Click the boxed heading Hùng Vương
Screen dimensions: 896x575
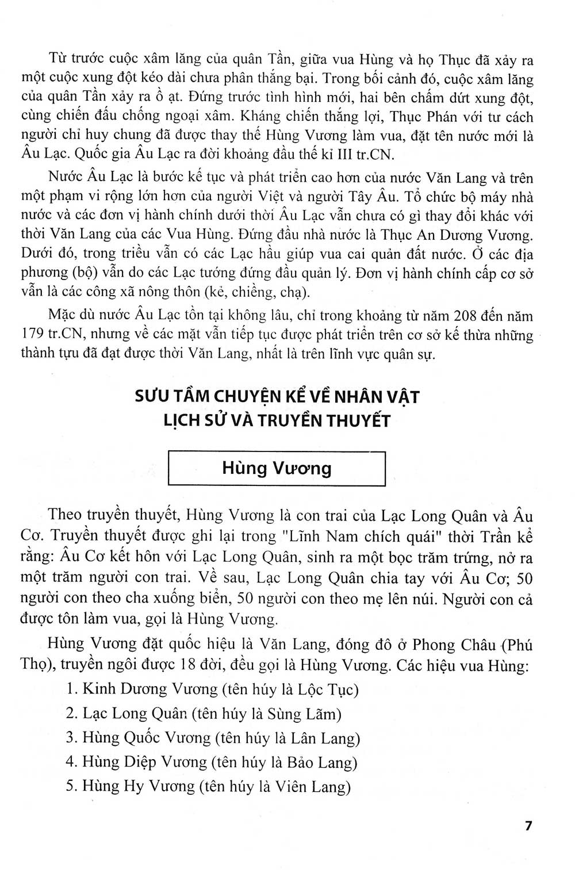[x=277, y=468]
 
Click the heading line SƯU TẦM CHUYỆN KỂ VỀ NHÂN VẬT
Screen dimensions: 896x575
[x=277, y=397]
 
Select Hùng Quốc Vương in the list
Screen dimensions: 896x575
[x=147, y=738]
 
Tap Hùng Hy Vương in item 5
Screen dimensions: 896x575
[x=136, y=787]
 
